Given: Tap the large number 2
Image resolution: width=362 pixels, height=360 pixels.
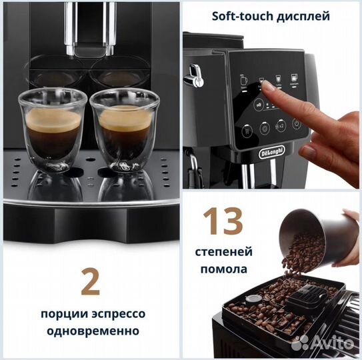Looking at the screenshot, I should [89, 283].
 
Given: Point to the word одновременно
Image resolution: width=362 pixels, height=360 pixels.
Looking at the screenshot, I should [89, 331].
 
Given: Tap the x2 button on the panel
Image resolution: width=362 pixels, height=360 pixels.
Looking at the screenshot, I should [281, 127].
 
